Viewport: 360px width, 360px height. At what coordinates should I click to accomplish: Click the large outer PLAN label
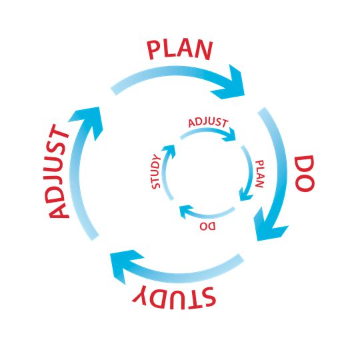click(180, 50)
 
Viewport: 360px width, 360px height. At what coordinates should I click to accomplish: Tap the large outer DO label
click(305, 173)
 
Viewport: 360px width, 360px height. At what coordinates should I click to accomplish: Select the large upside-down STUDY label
click(174, 298)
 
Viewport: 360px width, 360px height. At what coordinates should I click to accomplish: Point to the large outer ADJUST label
click(59, 171)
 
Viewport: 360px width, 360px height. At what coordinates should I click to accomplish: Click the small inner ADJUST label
click(208, 123)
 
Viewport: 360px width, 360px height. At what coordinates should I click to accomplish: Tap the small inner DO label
click(207, 226)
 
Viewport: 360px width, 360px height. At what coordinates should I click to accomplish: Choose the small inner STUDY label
click(156, 171)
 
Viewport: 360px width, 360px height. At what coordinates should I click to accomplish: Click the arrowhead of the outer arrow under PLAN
click(229, 83)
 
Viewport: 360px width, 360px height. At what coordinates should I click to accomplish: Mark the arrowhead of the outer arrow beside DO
click(269, 226)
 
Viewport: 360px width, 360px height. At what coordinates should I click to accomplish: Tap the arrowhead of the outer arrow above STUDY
click(124, 264)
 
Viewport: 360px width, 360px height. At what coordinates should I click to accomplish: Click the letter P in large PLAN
click(154, 51)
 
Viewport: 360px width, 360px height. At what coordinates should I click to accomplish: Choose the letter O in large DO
click(305, 182)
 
